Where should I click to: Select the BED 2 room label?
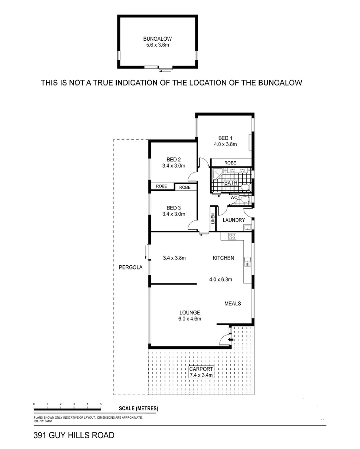click(173, 159)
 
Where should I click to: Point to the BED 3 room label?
click(173, 208)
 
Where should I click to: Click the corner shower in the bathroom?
click(216, 174)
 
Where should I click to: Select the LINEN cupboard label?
click(213, 219)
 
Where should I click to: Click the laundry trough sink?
click(247, 227)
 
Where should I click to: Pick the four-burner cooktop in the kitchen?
click(232, 236)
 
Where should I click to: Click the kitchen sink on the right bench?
click(248, 261)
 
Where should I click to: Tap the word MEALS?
click(232, 303)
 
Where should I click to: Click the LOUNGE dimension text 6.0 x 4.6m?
click(190, 319)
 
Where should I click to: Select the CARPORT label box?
click(201, 372)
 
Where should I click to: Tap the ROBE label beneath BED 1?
click(230, 163)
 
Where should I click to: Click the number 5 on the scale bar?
click(101, 404)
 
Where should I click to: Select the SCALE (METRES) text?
click(138, 409)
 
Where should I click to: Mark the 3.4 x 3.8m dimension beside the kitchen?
click(174, 258)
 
